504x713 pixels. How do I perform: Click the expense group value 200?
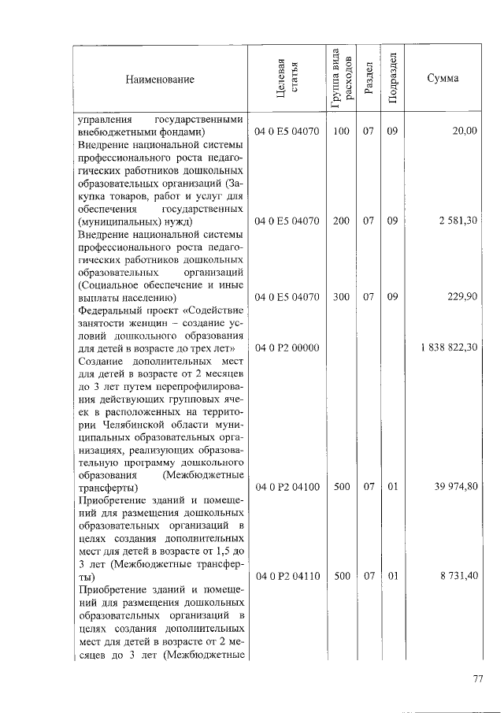(x=341, y=221)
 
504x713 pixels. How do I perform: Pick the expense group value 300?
(x=341, y=297)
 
